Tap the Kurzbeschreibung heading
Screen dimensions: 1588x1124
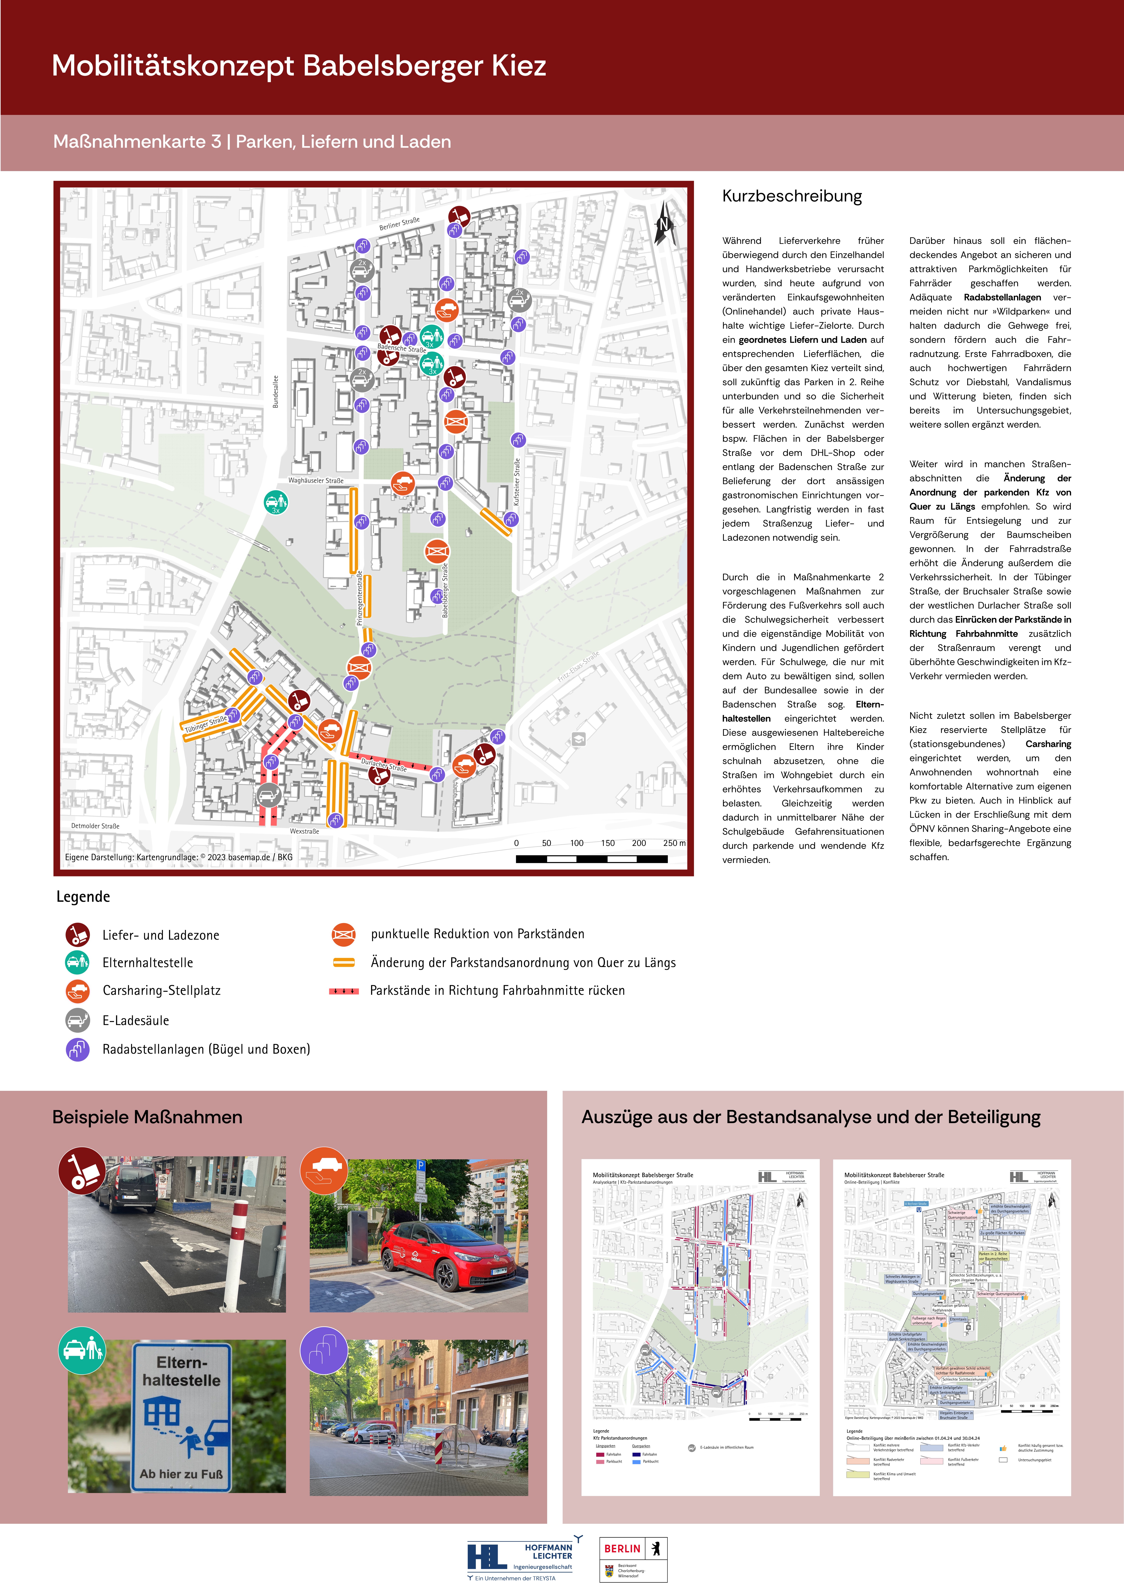point(792,196)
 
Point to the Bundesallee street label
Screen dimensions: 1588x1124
point(275,391)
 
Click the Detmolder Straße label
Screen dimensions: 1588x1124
point(95,826)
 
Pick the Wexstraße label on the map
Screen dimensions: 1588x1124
point(304,831)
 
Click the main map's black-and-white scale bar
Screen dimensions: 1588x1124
point(592,859)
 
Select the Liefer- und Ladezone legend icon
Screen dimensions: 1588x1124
point(77,934)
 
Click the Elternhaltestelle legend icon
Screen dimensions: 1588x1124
point(77,962)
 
